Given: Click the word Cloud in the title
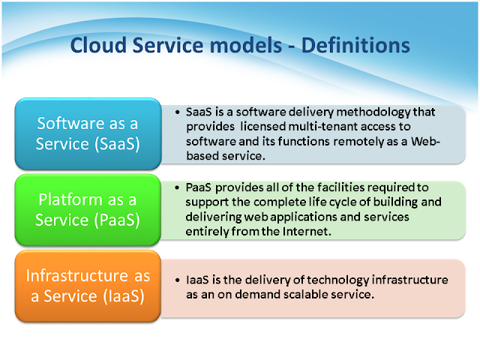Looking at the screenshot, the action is (98, 45).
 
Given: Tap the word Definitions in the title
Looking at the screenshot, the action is (355, 45).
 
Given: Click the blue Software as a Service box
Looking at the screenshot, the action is (88, 133).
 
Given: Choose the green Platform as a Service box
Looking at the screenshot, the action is (88, 210).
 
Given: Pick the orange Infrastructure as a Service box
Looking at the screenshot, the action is (88, 286).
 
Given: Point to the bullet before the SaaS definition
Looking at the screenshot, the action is (177, 112).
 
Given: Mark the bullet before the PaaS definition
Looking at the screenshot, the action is (177, 187).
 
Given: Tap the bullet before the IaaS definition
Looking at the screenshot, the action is (177, 280).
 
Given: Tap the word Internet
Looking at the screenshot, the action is (307, 232).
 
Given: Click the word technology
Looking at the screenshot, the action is (338, 280).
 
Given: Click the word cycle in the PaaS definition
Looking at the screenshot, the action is (341, 202).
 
